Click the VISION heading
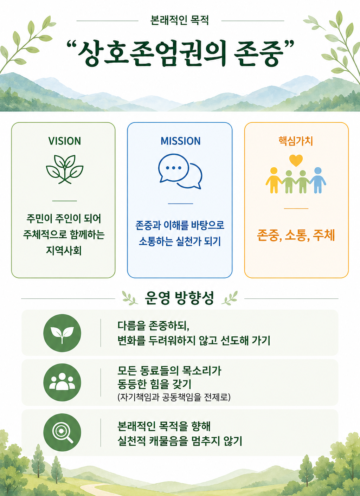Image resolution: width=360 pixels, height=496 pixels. click(x=64, y=141)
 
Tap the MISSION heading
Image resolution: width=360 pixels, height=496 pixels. click(x=180, y=141)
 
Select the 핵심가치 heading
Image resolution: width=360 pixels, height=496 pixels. click(x=296, y=141)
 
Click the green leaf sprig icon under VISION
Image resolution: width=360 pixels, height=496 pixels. click(x=64, y=169)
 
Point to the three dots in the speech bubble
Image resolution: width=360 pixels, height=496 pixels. click(x=174, y=168)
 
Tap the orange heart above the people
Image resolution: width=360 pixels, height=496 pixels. click(x=296, y=160)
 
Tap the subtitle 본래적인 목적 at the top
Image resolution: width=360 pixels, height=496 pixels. click(x=180, y=21)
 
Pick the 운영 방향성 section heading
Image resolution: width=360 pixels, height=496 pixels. click(x=179, y=298)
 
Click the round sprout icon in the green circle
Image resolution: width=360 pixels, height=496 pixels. click(x=62, y=333)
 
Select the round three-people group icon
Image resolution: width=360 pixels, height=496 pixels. click(x=62, y=382)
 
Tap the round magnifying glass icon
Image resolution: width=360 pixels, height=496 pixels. click(x=62, y=432)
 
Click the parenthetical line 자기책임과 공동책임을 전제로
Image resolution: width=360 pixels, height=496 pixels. click(x=174, y=397)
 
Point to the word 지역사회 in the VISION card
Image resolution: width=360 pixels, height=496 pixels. click(x=64, y=251)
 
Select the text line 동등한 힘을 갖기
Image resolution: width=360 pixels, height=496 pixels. click(x=154, y=384)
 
